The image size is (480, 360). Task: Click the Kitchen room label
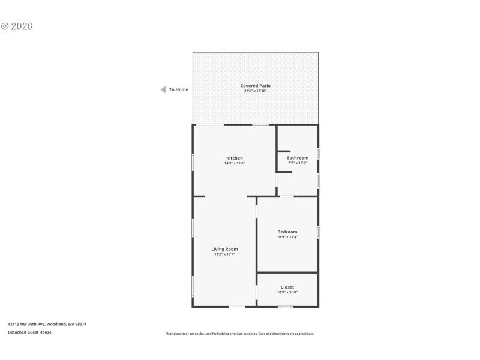pos(235,158)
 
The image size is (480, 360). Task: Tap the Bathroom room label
pos(297,158)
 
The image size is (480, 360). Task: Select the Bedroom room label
pos(287,232)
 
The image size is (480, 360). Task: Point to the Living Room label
pos(224,249)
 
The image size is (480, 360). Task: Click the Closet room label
pos(287,287)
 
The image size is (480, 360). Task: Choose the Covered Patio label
pos(256,86)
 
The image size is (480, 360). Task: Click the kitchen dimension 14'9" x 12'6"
pos(235,163)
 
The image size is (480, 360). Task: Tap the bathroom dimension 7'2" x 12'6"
pos(297,163)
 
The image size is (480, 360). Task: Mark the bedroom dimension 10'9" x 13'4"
pos(287,237)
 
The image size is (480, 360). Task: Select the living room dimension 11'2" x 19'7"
pos(224,254)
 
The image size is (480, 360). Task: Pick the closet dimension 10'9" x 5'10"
pos(287,292)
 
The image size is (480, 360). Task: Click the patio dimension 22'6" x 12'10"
pos(256,91)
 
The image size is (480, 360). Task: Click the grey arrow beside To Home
pos(163,89)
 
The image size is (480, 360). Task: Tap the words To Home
pos(179,89)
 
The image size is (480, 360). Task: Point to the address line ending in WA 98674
pos(47,324)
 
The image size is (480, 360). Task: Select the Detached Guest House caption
pos(29,332)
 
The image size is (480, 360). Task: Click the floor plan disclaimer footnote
pos(240,334)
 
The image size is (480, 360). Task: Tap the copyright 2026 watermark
pos(17,26)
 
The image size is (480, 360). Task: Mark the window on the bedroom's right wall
pos(318,232)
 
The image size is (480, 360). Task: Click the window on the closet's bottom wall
pos(286,307)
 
